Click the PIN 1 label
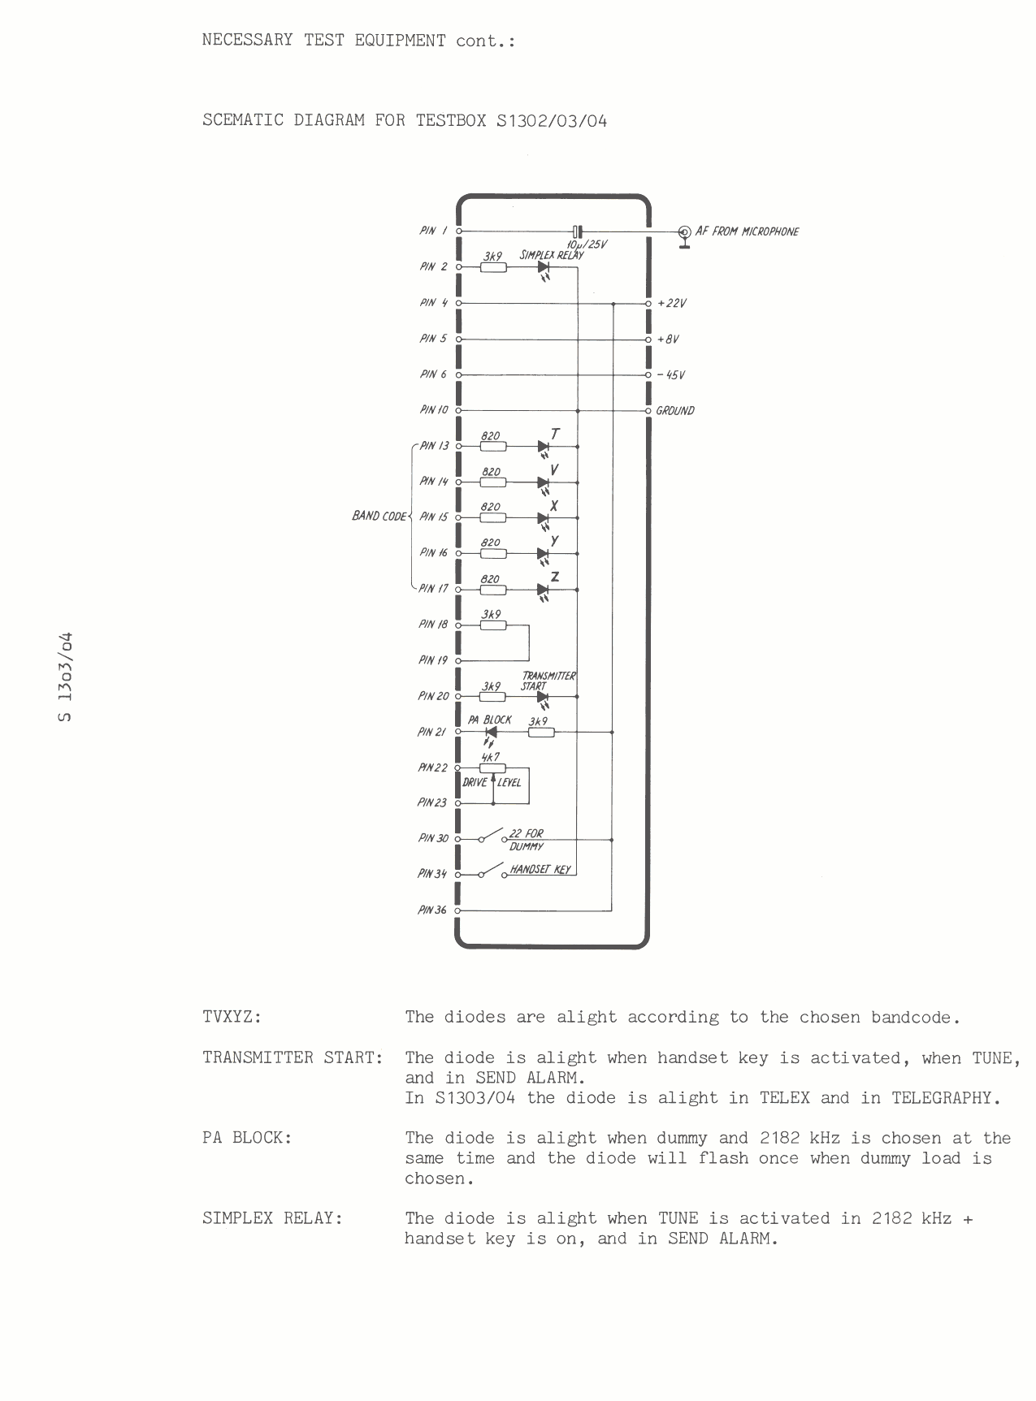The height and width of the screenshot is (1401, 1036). pyautogui.click(x=433, y=231)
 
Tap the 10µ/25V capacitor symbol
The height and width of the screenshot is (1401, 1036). pyautogui.click(x=577, y=231)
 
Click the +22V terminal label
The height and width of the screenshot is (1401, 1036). pyautogui.click(x=673, y=303)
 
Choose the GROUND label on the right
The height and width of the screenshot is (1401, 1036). pyautogui.click(x=675, y=410)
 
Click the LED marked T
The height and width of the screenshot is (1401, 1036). pyautogui.click(x=544, y=447)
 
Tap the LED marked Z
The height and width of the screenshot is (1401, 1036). pyautogui.click(x=544, y=590)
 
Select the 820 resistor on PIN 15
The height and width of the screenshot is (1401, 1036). pyautogui.click(x=493, y=518)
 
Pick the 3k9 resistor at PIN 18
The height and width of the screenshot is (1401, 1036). pyautogui.click(x=493, y=625)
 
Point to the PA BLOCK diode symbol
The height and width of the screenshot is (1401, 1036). pyautogui.click(x=490, y=732)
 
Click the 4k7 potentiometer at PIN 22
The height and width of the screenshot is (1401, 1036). pyautogui.click(x=493, y=768)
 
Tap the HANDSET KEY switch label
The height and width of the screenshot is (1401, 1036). pyautogui.click(x=540, y=869)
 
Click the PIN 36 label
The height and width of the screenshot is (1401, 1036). pyautogui.click(x=432, y=910)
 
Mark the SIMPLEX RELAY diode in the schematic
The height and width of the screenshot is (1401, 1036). pyautogui.click(x=544, y=267)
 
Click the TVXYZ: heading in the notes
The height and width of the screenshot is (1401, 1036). pyautogui.click(x=232, y=1017)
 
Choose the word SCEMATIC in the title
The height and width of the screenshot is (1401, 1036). pyautogui.click(x=242, y=121)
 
